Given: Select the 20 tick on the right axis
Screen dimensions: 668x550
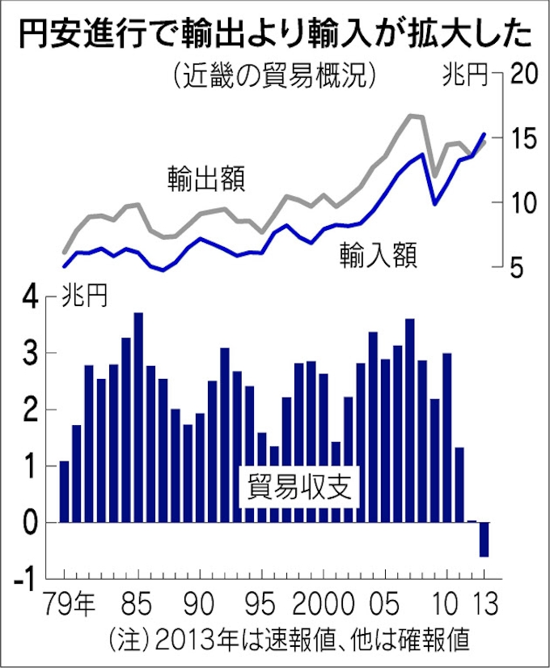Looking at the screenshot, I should tap(523, 74).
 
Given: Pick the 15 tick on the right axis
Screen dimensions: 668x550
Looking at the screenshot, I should tap(523, 138).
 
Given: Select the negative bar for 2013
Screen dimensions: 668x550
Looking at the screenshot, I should tap(484, 539).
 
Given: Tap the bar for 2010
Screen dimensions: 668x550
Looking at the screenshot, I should tap(446, 438).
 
